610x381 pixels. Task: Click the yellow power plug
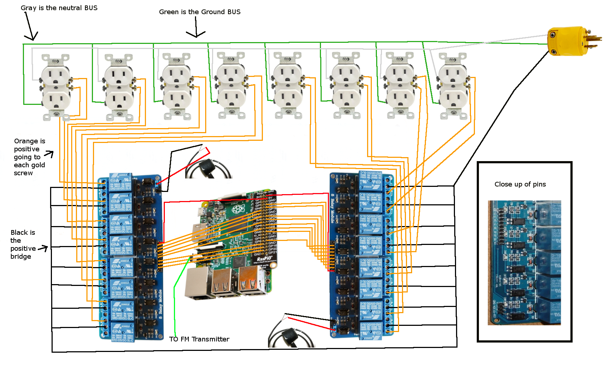pyautogui.click(x=568, y=41)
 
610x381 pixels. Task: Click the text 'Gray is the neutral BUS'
pyautogui.click(x=59, y=8)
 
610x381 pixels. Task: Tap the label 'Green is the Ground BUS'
pyautogui.click(x=200, y=12)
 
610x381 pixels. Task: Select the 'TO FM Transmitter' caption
pyautogui.click(x=199, y=339)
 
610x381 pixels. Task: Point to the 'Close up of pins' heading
pyautogui.click(x=520, y=184)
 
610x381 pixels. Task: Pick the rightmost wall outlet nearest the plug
pyautogui.click(x=453, y=86)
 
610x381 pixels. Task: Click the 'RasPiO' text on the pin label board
pyautogui.click(x=264, y=259)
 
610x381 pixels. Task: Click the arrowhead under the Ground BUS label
pyautogui.click(x=196, y=35)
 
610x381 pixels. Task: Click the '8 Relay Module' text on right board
pyautogui.click(x=332, y=209)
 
